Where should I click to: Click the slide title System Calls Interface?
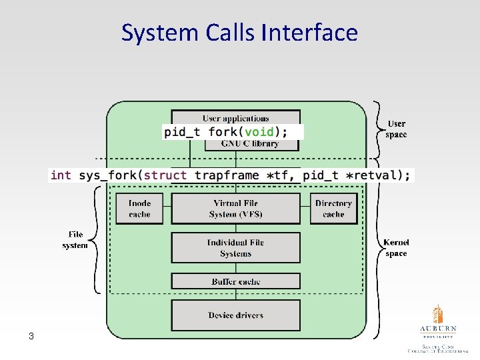(x=239, y=32)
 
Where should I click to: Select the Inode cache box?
(x=139, y=209)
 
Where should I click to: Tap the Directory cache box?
(x=333, y=209)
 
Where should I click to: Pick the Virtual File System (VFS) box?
(x=235, y=209)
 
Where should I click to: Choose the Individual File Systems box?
(x=235, y=248)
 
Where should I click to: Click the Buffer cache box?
(x=235, y=281)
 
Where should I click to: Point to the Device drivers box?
(x=235, y=315)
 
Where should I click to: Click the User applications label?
(x=235, y=118)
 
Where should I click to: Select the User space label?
(x=396, y=129)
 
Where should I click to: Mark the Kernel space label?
(x=396, y=248)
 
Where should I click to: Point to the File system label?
(x=75, y=240)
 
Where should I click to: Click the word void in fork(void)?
(x=259, y=131)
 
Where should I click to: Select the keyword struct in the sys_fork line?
(x=165, y=175)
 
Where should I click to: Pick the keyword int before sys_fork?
(x=61, y=175)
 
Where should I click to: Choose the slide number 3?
(x=31, y=335)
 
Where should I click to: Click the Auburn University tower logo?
(x=438, y=315)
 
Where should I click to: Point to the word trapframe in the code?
(x=226, y=175)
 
